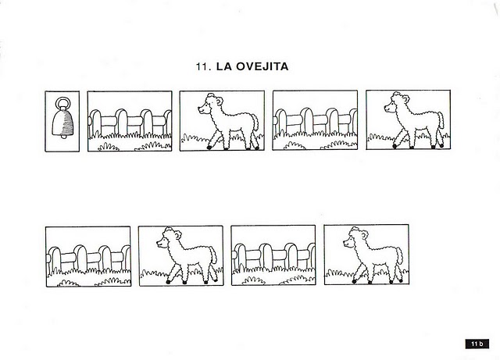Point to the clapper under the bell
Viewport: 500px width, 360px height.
click(x=63, y=137)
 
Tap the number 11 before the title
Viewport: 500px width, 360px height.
click(x=203, y=66)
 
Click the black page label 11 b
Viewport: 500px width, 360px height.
click(x=477, y=344)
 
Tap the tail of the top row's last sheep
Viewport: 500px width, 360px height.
click(x=441, y=120)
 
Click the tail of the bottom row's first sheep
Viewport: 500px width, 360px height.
click(x=213, y=255)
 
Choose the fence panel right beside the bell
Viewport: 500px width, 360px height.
click(x=130, y=121)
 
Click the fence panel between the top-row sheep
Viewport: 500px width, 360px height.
click(x=315, y=120)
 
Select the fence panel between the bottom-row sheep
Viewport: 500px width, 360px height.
click(x=273, y=255)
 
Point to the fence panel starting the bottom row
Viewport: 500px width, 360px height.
click(x=88, y=256)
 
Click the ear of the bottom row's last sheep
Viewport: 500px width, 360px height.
click(x=365, y=235)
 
